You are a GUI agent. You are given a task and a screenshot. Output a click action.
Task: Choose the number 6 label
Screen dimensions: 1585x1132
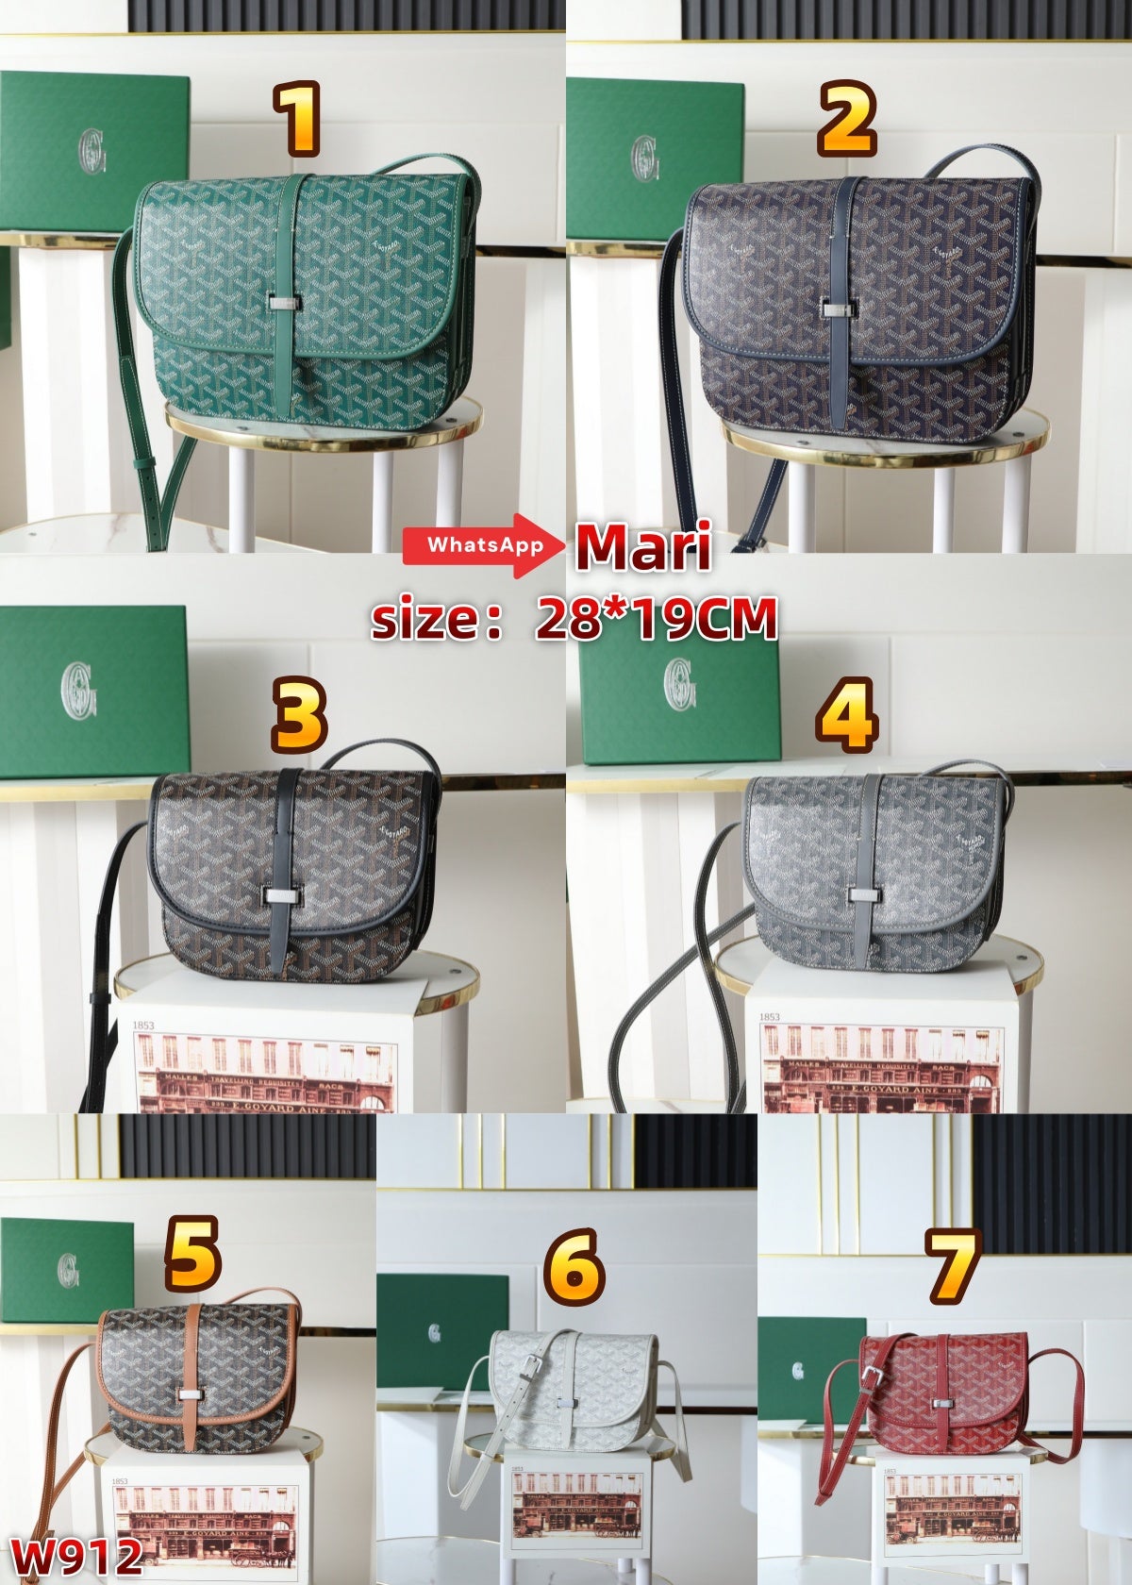pyautogui.click(x=572, y=1267)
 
